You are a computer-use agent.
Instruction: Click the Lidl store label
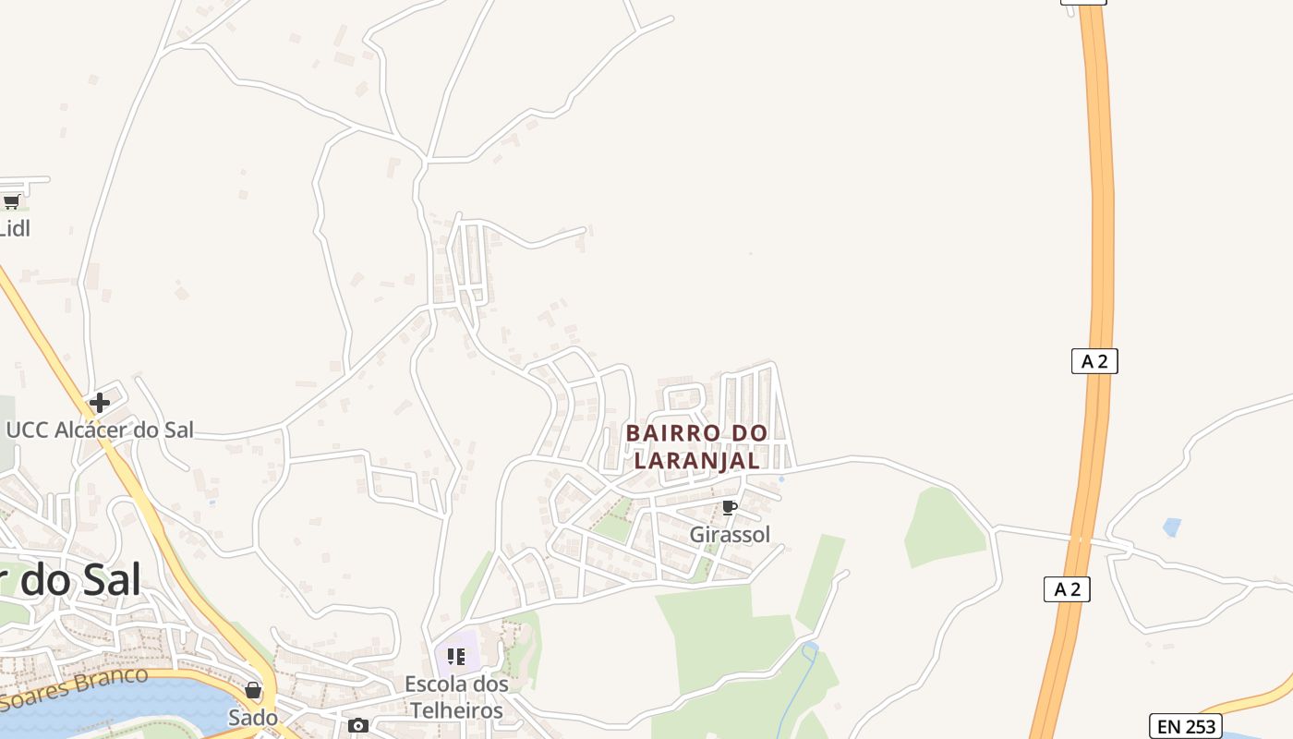[x=15, y=227]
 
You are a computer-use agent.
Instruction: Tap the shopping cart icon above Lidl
[x=11, y=201]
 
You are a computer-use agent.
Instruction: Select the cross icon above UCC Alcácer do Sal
[x=99, y=403]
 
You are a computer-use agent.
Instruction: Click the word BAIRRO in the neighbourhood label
[x=671, y=433]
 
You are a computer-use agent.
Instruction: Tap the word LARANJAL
[x=697, y=459]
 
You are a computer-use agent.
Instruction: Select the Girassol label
[x=730, y=534]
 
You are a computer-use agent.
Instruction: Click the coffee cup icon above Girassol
[x=729, y=507]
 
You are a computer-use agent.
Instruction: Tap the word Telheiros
[x=456, y=710]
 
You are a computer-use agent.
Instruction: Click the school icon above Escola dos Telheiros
[x=455, y=657]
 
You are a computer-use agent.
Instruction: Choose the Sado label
[x=253, y=717]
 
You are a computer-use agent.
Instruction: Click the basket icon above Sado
[x=253, y=690]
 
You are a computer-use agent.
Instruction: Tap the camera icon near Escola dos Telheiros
[x=358, y=726]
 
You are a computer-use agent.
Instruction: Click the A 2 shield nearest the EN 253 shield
[x=1067, y=589]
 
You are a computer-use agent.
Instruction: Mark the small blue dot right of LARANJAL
[x=781, y=479]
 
